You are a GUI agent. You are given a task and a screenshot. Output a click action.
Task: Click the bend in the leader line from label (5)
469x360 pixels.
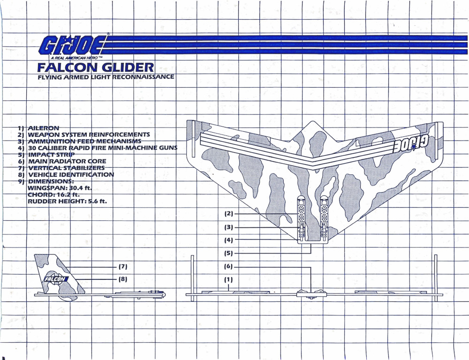coord(311,253)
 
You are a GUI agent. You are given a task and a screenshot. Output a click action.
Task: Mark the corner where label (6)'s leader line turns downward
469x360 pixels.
coord(311,267)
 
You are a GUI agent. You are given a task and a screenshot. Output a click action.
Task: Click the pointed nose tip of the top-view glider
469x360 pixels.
coord(313,121)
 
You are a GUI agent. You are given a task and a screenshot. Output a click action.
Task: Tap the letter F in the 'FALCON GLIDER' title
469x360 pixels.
coord(41,67)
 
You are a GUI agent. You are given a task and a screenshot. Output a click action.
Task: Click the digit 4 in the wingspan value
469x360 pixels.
coord(81,188)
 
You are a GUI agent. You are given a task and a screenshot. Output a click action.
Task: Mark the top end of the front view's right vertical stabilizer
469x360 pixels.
coord(436,255)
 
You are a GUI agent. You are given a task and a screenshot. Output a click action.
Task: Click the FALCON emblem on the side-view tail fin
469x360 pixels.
coord(55,279)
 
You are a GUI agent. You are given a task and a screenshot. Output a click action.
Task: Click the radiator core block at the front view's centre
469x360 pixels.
coord(311,293)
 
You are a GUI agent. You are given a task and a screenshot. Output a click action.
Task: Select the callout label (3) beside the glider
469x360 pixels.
coord(228,227)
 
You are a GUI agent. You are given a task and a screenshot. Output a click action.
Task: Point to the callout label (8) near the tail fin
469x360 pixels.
coord(123,279)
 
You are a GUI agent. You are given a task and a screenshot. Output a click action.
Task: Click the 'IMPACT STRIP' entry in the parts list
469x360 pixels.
coord(52,155)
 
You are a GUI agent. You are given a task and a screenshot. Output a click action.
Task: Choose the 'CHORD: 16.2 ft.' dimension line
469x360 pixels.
coord(53,195)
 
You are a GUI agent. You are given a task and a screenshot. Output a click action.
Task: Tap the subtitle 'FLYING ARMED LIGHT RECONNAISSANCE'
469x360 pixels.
coord(106,77)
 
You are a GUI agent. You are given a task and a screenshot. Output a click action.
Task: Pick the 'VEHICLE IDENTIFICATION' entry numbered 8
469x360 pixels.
coord(71,175)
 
